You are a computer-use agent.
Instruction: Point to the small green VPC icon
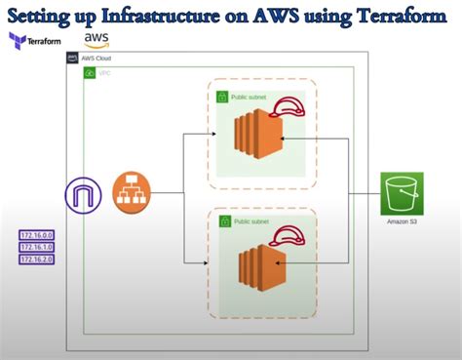[x=90, y=73]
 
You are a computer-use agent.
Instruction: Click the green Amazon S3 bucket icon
[x=402, y=193]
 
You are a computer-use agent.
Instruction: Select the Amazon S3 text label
[x=402, y=222]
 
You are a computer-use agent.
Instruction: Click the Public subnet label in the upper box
[x=251, y=98]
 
